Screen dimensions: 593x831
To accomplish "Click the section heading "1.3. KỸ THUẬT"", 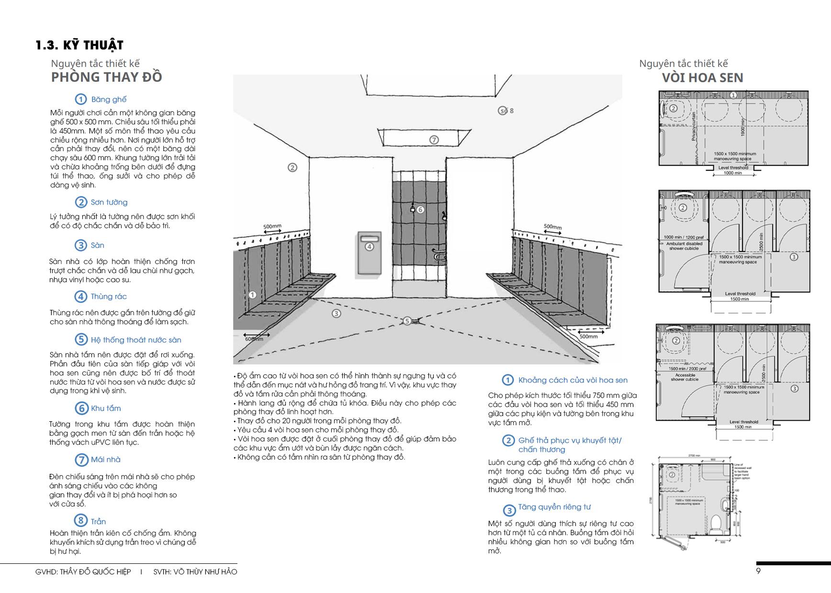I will point(79,45).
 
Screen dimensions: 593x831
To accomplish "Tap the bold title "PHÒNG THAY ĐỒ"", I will point(106,77).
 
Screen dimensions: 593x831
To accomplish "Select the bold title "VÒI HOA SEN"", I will point(702,78).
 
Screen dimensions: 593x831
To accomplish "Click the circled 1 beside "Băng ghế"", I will point(80,99).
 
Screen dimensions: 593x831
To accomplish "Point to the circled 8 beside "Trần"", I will point(80,521).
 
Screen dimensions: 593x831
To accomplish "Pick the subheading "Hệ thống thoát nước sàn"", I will point(136,340).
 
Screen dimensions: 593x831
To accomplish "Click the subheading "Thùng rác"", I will point(109,296).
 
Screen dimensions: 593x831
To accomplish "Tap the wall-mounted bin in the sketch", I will point(369,253).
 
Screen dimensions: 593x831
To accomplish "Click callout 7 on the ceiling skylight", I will point(434,140).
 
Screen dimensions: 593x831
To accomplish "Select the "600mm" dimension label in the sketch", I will point(254,339).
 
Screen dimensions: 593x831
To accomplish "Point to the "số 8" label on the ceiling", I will point(506,110).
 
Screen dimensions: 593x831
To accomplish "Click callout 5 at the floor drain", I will point(407,321).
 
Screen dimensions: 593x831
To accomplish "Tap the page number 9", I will point(758,571).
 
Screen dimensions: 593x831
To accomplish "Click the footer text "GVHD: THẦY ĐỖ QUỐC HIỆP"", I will point(83,572).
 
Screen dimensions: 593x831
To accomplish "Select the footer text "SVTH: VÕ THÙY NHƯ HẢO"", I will point(195,572).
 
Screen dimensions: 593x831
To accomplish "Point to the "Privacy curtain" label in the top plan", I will point(694,126).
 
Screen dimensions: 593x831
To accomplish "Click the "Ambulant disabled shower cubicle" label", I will point(684,246).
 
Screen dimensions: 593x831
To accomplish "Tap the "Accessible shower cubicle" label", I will point(685,377).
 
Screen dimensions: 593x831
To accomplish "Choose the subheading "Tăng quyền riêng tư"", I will point(554,507).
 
